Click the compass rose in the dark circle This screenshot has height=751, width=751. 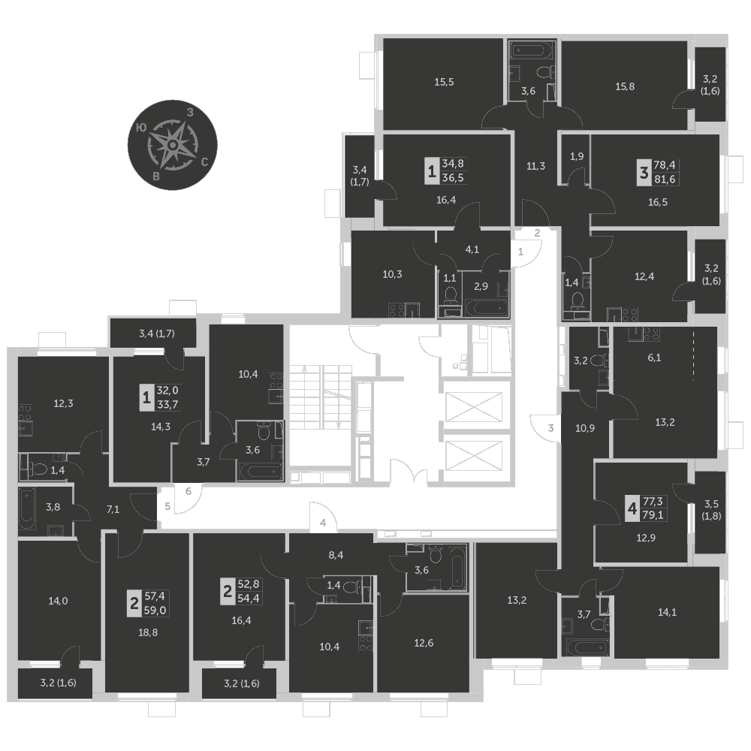[x=173, y=145]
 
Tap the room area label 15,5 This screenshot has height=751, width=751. [x=444, y=82]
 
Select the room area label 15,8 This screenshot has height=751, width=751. [x=625, y=86]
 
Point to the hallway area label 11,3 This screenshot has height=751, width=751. [x=535, y=166]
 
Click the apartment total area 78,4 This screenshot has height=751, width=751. [x=665, y=164]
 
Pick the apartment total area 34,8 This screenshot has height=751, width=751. [x=453, y=163]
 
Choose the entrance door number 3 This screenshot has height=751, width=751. [x=550, y=428]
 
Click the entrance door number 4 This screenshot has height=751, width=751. [x=323, y=523]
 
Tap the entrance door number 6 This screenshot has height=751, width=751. [x=189, y=491]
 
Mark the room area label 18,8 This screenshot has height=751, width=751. [x=148, y=632]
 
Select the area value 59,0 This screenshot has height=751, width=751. [x=155, y=610]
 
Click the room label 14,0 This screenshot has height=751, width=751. [x=58, y=601]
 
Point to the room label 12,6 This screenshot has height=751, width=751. [x=424, y=643]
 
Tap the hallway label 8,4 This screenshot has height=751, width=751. [x=336, y=555]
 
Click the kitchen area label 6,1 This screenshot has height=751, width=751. [x=654, y=357]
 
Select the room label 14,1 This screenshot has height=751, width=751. [x=667, y=611]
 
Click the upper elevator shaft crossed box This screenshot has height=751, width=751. [x=474, y=407]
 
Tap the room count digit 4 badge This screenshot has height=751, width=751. [x=632, y=508]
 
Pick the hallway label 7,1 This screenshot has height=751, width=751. [x=113, y=510]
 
